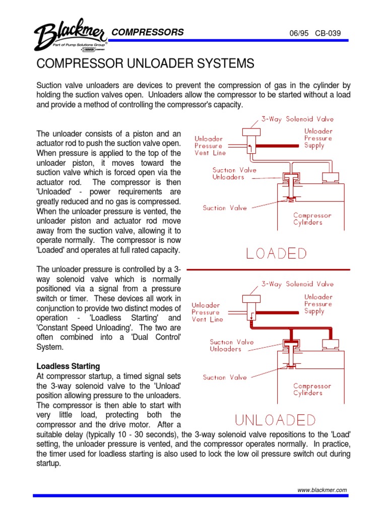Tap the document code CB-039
click(x=328, y=34)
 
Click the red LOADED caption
click(x=276, y=253)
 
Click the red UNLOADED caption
click(x=276, y=420)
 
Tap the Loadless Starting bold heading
click(x=68, y=366)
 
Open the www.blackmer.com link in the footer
click(x=322, y=490)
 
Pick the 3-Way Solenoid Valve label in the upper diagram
click(x=297, y=119)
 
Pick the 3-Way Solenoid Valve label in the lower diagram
click(x=297, y=284)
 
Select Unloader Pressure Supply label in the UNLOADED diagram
click(x=318, y=304)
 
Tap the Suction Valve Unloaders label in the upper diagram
click(x=234, y=174)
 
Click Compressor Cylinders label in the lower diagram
click(x=312, y=390)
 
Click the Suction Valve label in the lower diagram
click(x=225, y=377)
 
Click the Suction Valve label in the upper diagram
click(x=225, y=208)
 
